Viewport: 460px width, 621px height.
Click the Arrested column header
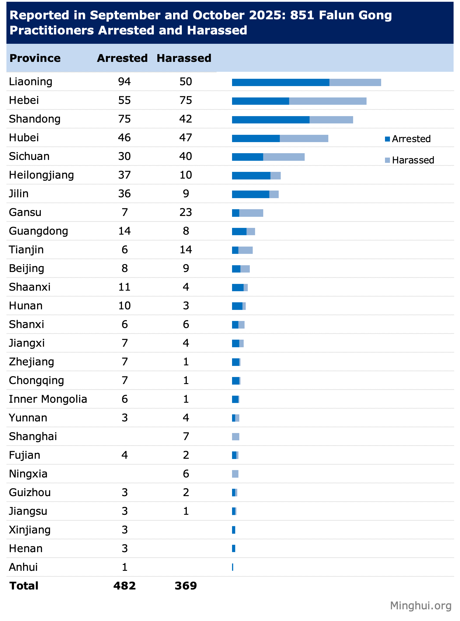pos(122,58)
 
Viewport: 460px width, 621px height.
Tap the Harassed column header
pos(184,58)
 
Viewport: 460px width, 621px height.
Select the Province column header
pos(35,58)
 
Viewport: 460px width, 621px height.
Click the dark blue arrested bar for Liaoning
pos(280,83)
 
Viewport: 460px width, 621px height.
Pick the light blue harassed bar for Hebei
pos(327,101)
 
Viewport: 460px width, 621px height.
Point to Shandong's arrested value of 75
pos(124,119)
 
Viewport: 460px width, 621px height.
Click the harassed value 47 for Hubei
pos(186,138)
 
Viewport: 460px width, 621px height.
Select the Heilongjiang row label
pos(41,175)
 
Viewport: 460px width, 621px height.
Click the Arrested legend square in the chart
pos(388,139)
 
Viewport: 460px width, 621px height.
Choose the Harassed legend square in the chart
pos(388,160)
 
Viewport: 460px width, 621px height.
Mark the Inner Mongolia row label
pos(48,399)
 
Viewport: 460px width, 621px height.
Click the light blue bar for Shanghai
pos(236,437)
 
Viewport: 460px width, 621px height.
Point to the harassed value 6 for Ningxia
pos(186,474)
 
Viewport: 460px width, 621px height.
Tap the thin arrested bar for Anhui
pos(233,567)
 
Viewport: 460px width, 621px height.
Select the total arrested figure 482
pos(125,586)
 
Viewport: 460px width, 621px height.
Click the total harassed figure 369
pos(186,586)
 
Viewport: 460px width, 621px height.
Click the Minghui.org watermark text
pos(421,606)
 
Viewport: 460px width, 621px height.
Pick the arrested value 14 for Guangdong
pos(124,231)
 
